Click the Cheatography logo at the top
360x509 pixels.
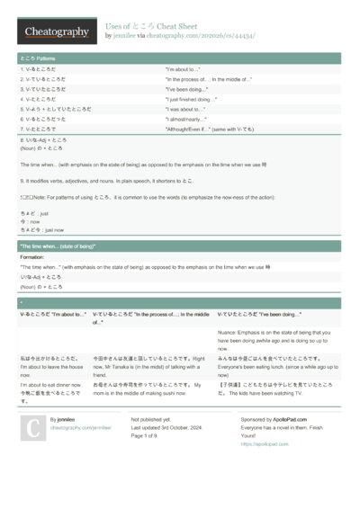click(56, 31)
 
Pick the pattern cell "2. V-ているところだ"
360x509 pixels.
click(49, 79)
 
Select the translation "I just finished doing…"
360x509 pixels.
click(191, 99)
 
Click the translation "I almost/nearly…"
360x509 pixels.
click(185, 119)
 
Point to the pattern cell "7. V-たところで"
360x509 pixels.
click(44, 129)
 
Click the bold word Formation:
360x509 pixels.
click(31, 257)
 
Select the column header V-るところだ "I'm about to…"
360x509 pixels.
click(53, 315)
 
